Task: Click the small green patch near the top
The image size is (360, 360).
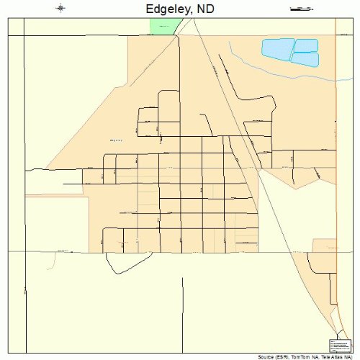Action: (163, 26)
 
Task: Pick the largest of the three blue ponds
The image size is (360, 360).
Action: (276, 49)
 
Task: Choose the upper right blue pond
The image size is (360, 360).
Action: (306, 45)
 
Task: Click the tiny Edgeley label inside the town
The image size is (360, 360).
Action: (117, 140)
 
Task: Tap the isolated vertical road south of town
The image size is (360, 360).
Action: (183, 310)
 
